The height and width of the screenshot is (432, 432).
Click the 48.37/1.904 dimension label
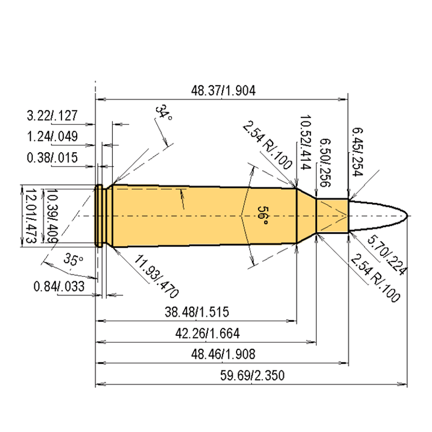click(223, 90)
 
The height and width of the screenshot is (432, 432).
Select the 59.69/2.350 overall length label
click(252, 375)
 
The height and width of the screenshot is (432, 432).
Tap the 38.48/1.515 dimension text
click(197, 312)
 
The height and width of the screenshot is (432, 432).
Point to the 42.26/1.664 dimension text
click(207, 333)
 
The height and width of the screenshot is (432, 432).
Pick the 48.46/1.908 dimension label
click(223, 354)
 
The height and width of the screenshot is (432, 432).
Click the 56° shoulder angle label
click(262, 215)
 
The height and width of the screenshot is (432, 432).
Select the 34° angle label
click(164, 112)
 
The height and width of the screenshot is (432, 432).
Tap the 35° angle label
click(73, 259)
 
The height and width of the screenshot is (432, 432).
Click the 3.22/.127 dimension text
click(52, 116)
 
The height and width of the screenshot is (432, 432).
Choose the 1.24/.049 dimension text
click(52, 137)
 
